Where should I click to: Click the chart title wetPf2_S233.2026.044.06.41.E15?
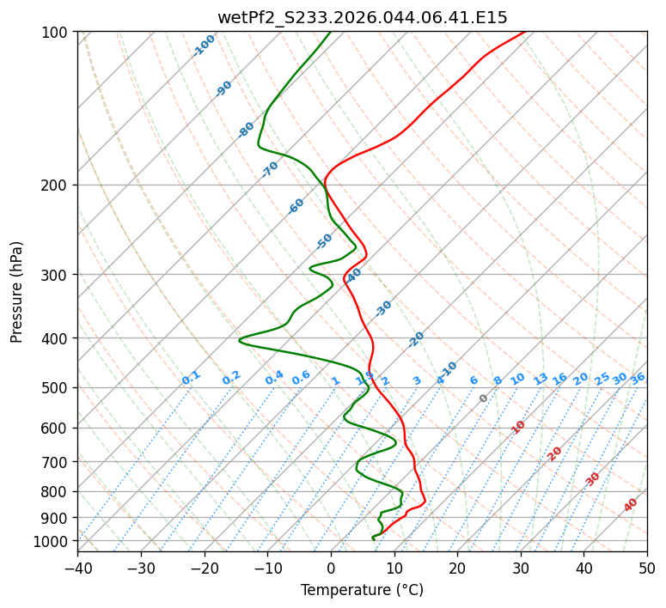coord(362,17)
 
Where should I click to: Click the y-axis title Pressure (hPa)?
coord(17,291)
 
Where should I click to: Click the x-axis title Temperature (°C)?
coord(362,590)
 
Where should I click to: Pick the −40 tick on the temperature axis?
coord(77,568)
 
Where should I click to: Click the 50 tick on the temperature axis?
coord(647,568)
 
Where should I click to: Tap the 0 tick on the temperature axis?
coord(331,568)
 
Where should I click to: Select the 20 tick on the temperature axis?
coord(457,568)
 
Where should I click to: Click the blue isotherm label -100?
coord(204,46)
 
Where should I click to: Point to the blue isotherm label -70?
coord(270,169)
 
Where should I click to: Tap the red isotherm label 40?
coord(631,505)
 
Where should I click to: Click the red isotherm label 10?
coord(518,427)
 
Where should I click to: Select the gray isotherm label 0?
coord(484,398)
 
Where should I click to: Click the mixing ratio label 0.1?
coord(191,378)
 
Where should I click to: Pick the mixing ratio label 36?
coord(638,378)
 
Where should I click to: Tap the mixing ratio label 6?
coord(474,380)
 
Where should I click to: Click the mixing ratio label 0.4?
coord(274,378)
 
